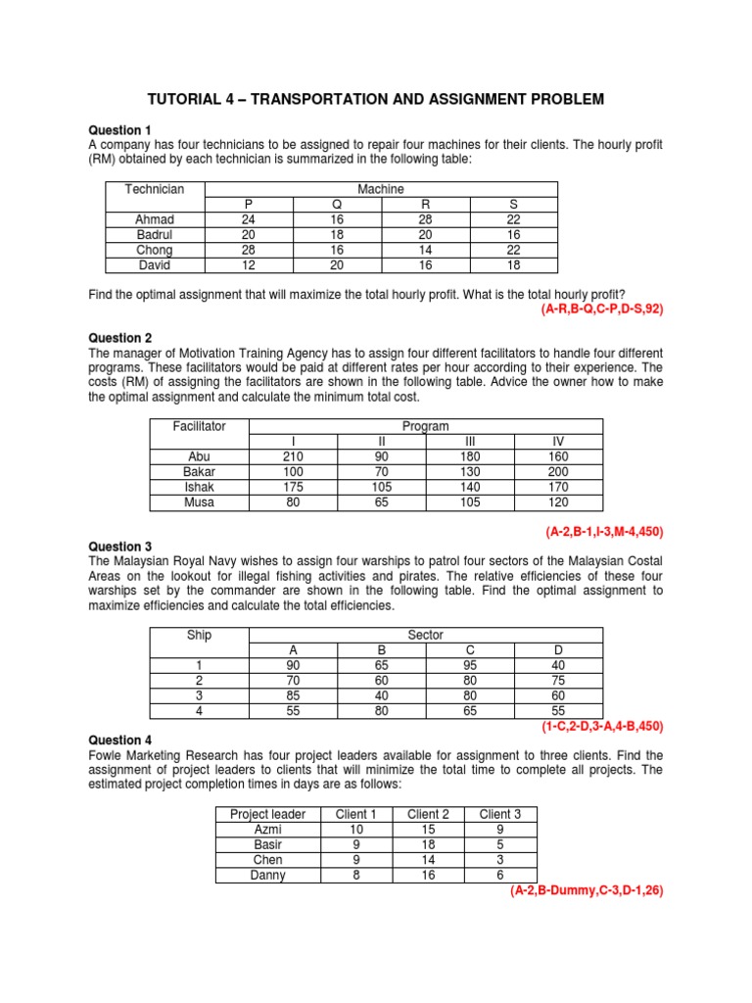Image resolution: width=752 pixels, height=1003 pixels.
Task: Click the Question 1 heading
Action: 120,130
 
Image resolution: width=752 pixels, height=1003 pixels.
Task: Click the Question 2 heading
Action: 120,338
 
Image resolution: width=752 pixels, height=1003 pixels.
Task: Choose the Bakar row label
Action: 199,472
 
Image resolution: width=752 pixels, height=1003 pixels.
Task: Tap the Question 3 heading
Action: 120,547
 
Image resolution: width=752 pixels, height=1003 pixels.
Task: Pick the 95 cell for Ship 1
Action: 470,665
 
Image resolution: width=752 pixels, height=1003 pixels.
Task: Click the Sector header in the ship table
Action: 426,635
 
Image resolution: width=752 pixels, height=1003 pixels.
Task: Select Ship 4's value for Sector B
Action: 381,711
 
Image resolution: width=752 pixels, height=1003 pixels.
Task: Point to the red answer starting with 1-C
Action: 602,727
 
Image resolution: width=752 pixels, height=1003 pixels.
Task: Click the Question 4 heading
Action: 120,740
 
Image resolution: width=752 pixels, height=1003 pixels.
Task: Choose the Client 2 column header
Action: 428,814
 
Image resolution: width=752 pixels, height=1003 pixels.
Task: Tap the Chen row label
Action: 267,860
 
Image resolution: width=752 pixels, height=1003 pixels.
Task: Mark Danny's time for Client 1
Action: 355,875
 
